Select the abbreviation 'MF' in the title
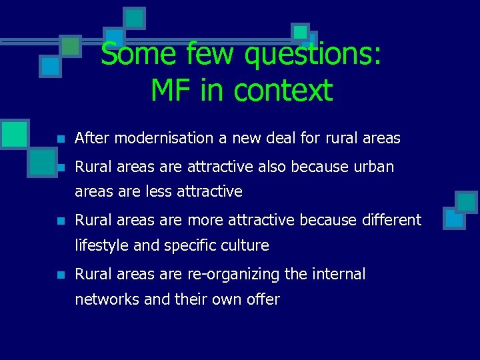pos(171,90)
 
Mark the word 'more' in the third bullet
pos(205,220)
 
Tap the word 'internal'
pos(338,274)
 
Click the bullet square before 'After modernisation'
pos(59,139)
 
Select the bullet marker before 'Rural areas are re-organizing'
pos(59,275)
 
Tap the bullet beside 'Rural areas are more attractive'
pos(59,221)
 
